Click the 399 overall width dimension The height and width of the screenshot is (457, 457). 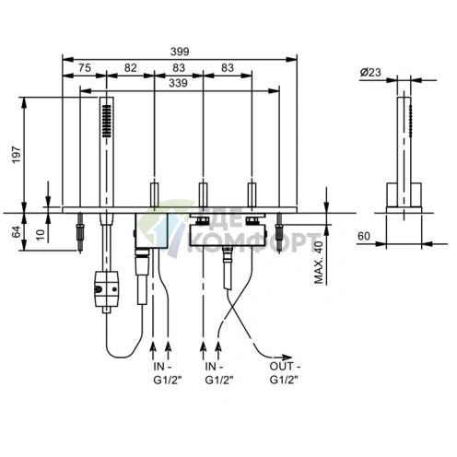(x=180, y=52)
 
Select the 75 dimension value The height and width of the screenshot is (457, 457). (x=85, y=67)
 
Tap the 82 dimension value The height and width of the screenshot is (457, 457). (x=130, y=67)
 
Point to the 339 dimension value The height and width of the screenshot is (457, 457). (x=178, y=83)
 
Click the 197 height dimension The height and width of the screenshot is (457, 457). (x=17, y=155)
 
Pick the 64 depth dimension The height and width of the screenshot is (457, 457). (x=17, y=231)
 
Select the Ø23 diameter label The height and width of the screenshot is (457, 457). (x=370, y=73)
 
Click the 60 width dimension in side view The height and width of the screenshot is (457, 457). (x=364, y=236)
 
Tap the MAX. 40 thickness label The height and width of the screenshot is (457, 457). (x=319, y=263)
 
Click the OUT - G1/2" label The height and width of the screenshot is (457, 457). (x=285, y=373)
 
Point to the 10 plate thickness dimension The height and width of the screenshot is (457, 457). (x=41, y=234)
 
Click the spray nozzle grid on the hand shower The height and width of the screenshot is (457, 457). (x=107, y=121)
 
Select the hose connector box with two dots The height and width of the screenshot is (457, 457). (x=106, y=288)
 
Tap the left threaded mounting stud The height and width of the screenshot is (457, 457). (x=80, y=233)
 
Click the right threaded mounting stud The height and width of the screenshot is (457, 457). (x=279, y=233)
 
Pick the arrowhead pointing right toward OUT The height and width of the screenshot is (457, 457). (x=287, y=357)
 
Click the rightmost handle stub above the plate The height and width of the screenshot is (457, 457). (x=252, y=194)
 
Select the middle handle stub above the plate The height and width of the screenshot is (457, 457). (x=203, y=194)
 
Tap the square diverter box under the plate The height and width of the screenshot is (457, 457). (x=151, y=230)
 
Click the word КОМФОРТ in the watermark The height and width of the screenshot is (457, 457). (x=252, y=242)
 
